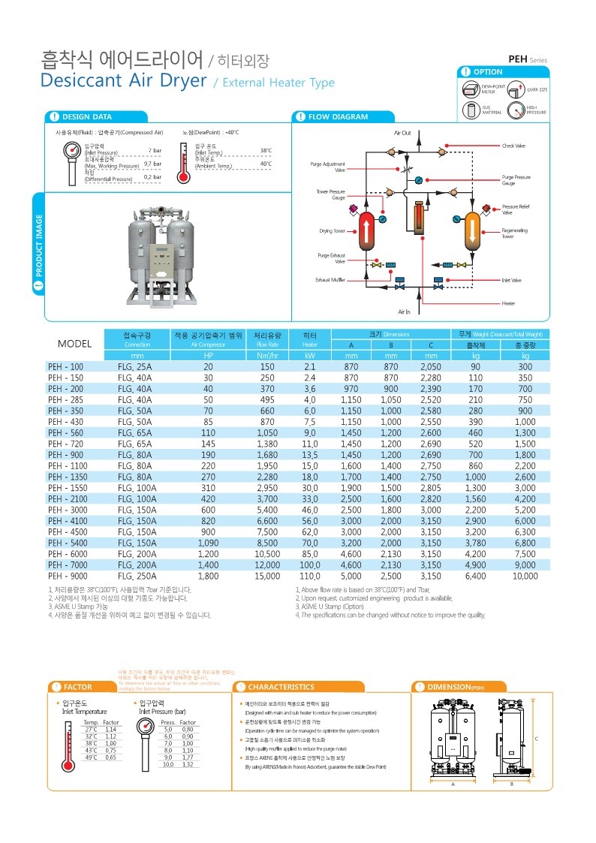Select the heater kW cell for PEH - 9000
click(309, 576)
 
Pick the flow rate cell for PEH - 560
click(267, 433)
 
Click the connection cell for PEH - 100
click(134, 366)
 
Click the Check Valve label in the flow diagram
click(514, 145)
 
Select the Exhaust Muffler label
click(330, 280)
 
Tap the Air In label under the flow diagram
click(404, 311)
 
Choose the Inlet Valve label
click(511, 280)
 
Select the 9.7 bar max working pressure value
click(153, 164)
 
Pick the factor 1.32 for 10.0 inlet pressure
click(188, 765)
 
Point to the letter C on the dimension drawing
click(536, 739)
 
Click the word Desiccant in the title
click(81, 80)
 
